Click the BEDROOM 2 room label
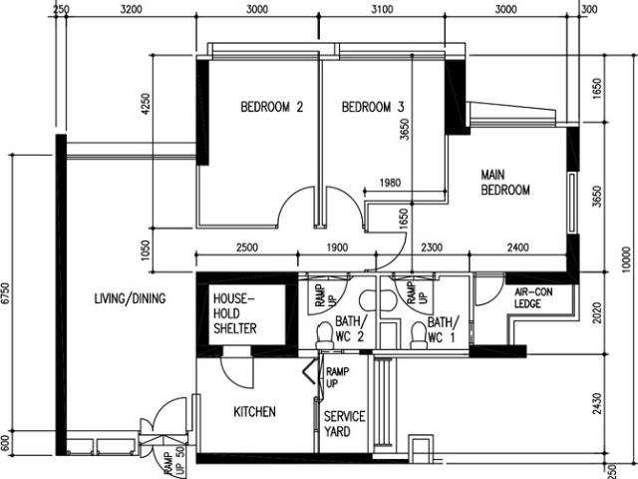pyautogui.click(x=271, y=108)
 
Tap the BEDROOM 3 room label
pyautogui.click(x=372, y=108)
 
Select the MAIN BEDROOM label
pyautogui.click(x=504, y=182)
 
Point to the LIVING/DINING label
pyautogui.click(x=130, y=298)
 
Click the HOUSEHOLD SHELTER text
pyautogui.click(x=235, y=313)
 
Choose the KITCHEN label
pyautogui.click(x=254, y=412)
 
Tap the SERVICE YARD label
pyautogui.click(x=344, y=423)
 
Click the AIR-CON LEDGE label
pyautogui.click(x=527, y=297)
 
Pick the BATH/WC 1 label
pyautogui.click(x=442, y=329)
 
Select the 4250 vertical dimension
pyautogui.click(x=147, y=106)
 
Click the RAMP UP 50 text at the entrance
pyautogui.click(x=168, y=461)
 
